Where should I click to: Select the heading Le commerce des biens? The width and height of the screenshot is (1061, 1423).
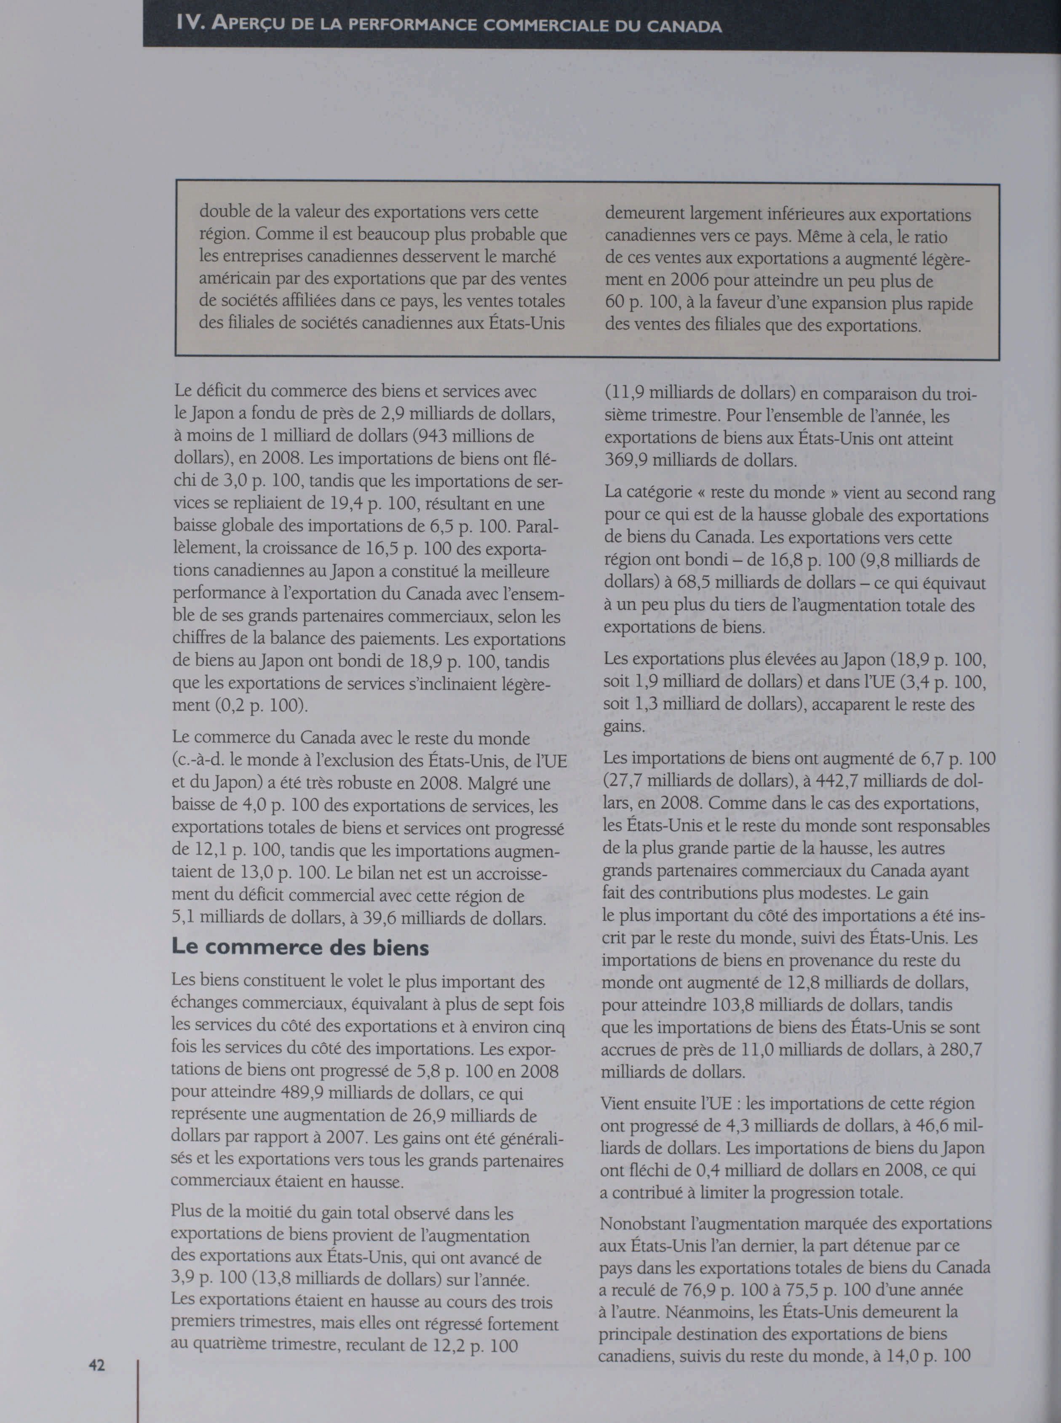tap(300, 947)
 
